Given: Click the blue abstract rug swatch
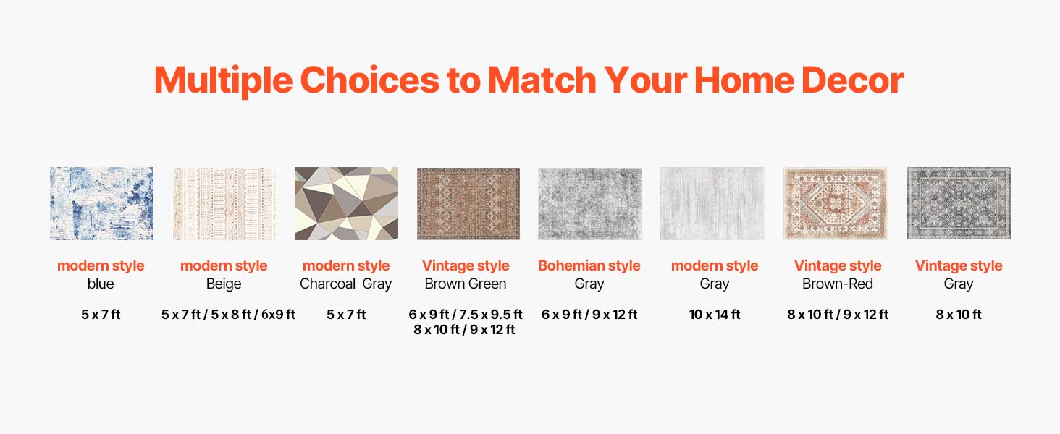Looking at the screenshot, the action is click(x=102, y=203).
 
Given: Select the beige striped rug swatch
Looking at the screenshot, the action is click(x=224, y=203).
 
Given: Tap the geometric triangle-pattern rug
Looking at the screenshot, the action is click(x=346, y=203).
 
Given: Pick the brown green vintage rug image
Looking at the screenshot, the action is click(x=468, y=203).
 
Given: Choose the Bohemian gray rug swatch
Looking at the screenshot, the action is click(x=589, y=203).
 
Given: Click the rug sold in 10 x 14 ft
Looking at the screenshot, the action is click(x=712, y=203).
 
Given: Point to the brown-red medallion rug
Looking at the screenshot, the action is click(x=836, y=203).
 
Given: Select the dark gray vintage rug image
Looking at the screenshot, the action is click(x=959, y=203).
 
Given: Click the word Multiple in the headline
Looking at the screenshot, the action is click(x=223, y=80).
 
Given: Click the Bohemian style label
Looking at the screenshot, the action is click(x=589, y=265).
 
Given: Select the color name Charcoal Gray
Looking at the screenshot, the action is click(x=346, y=284).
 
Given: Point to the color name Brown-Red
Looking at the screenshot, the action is click(x=838, y=284).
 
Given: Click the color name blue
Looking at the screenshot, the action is click(x=101, y=284).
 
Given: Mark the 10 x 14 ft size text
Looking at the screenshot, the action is click(x=715, y=315).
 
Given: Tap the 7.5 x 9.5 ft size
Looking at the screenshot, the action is click(x=491, y=315).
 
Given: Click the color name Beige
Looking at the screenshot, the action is click(x=224, y=284).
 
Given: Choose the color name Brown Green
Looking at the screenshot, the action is click(x=466, y=284).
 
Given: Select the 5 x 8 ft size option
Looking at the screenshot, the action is click(x=231, y=315).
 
